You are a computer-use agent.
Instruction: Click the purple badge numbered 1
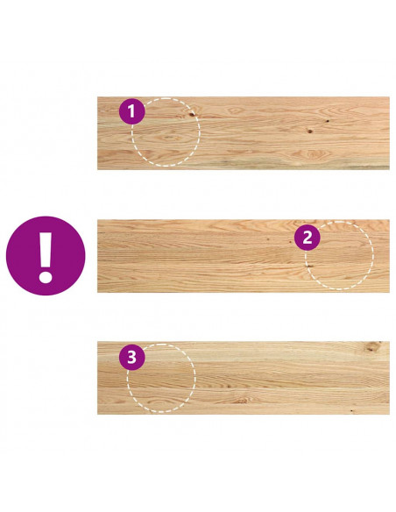click(x=131, y=111)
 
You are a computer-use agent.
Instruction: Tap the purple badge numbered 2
click(x=308, y=238)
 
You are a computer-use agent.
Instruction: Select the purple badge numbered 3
click(x=131, y=357)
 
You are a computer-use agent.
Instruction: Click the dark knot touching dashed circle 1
click(x=192, y=114)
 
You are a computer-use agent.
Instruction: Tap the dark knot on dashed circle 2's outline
click(x=308, y=267)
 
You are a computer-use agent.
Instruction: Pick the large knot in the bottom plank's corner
click(x=372, y=347)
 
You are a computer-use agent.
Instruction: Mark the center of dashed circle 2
click(x=339, y=256)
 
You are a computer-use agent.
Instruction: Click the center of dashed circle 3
click(x=161, y=378)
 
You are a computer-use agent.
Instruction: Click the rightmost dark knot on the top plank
click(x=327, y=121)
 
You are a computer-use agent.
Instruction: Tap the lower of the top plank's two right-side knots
click(x=309, y=132)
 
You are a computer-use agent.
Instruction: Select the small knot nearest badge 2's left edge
click(x=290, y=242)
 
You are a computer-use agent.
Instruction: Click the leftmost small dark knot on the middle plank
click(x=268, y=239)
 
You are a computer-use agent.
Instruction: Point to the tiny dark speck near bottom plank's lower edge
click(x=351, y=410)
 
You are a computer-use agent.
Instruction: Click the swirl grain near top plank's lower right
click(x=313, y=153)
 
